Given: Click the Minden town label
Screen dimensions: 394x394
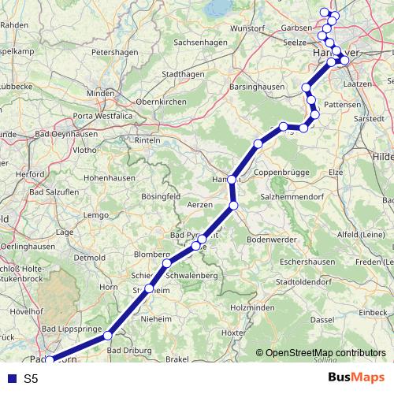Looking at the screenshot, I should [x=100, y=93].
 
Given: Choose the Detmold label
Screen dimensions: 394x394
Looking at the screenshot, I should [x=89, y=258].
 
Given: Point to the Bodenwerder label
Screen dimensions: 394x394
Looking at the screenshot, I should [x=270, y=239].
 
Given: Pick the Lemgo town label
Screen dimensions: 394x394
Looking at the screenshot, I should [x=95, y=214].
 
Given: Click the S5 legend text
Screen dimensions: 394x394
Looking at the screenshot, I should [x=31, y=379].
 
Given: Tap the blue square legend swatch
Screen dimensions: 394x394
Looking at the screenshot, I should [x=12, y=379].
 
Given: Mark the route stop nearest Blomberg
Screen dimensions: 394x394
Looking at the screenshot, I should [x=167, y=263].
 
